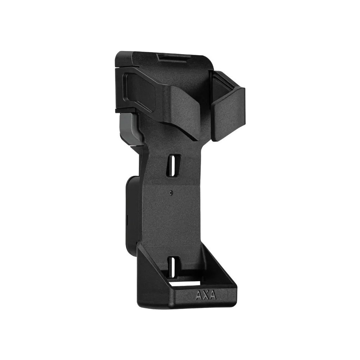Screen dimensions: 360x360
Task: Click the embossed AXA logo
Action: point(206,295)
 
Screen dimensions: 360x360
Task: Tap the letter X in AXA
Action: point(206,295)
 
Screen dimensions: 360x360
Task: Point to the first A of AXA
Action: point(199,295)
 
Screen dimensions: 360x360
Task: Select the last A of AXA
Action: point(213,296)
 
